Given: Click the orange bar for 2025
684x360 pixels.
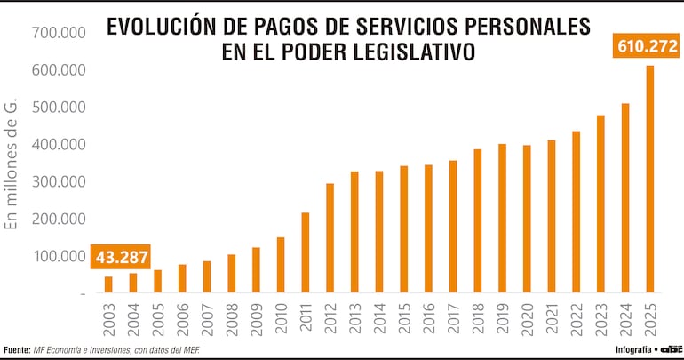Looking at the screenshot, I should point(649,179).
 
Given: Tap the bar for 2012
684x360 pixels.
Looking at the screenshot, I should point(330,237).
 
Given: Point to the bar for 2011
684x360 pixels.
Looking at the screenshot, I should point(306,252).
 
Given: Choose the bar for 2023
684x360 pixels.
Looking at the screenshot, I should point(600,204).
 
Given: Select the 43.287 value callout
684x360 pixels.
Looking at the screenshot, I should point(121,259).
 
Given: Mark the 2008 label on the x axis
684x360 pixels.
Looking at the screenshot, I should point(232,318).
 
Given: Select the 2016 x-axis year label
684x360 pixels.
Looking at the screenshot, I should point(428,318).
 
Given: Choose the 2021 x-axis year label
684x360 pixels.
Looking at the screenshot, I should point(552,318).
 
